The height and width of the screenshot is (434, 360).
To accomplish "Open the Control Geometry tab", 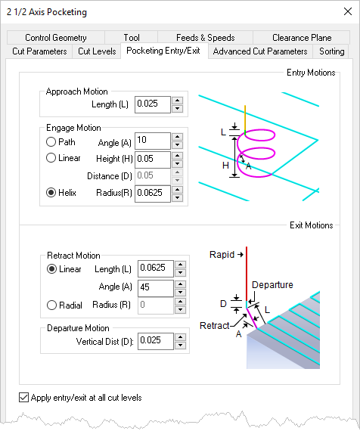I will coord(55,37).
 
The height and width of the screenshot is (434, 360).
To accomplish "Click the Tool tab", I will coord(132,37).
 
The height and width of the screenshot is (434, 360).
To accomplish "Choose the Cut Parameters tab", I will coord(40,51).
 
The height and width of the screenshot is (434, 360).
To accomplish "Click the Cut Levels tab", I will coord(97,51).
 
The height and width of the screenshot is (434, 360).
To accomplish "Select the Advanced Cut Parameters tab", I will coord(260,51).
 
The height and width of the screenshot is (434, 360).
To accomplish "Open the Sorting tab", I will coord(331,51).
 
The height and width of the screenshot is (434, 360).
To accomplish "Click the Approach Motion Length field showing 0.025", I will coord(151,104).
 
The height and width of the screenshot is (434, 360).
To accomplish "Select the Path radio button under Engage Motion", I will coord(51,141).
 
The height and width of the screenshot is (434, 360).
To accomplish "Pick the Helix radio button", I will coord(51,192).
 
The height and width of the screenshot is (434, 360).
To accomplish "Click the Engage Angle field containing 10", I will coord(151,141).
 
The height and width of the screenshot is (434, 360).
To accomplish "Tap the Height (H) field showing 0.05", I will coord(151,158).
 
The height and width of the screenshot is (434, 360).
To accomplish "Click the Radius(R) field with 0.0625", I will coord(151,192).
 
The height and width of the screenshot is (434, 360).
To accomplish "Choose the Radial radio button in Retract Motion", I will coord(51,305).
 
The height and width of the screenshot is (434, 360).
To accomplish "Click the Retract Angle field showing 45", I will coord(151,287).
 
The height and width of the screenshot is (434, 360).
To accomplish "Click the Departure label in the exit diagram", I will coord(272,285).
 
